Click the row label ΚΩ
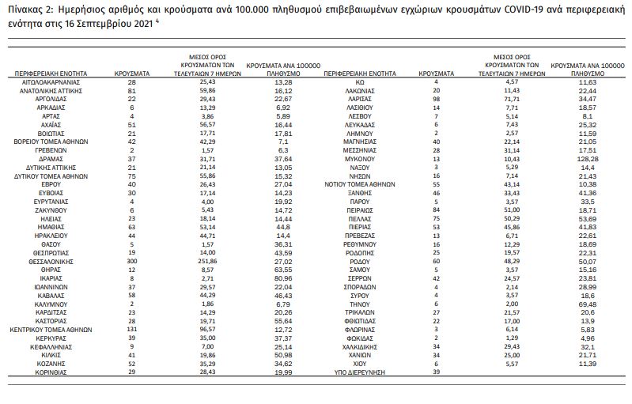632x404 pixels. point(359,81)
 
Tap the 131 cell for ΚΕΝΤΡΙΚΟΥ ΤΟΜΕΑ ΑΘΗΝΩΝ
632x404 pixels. point(121,331)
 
